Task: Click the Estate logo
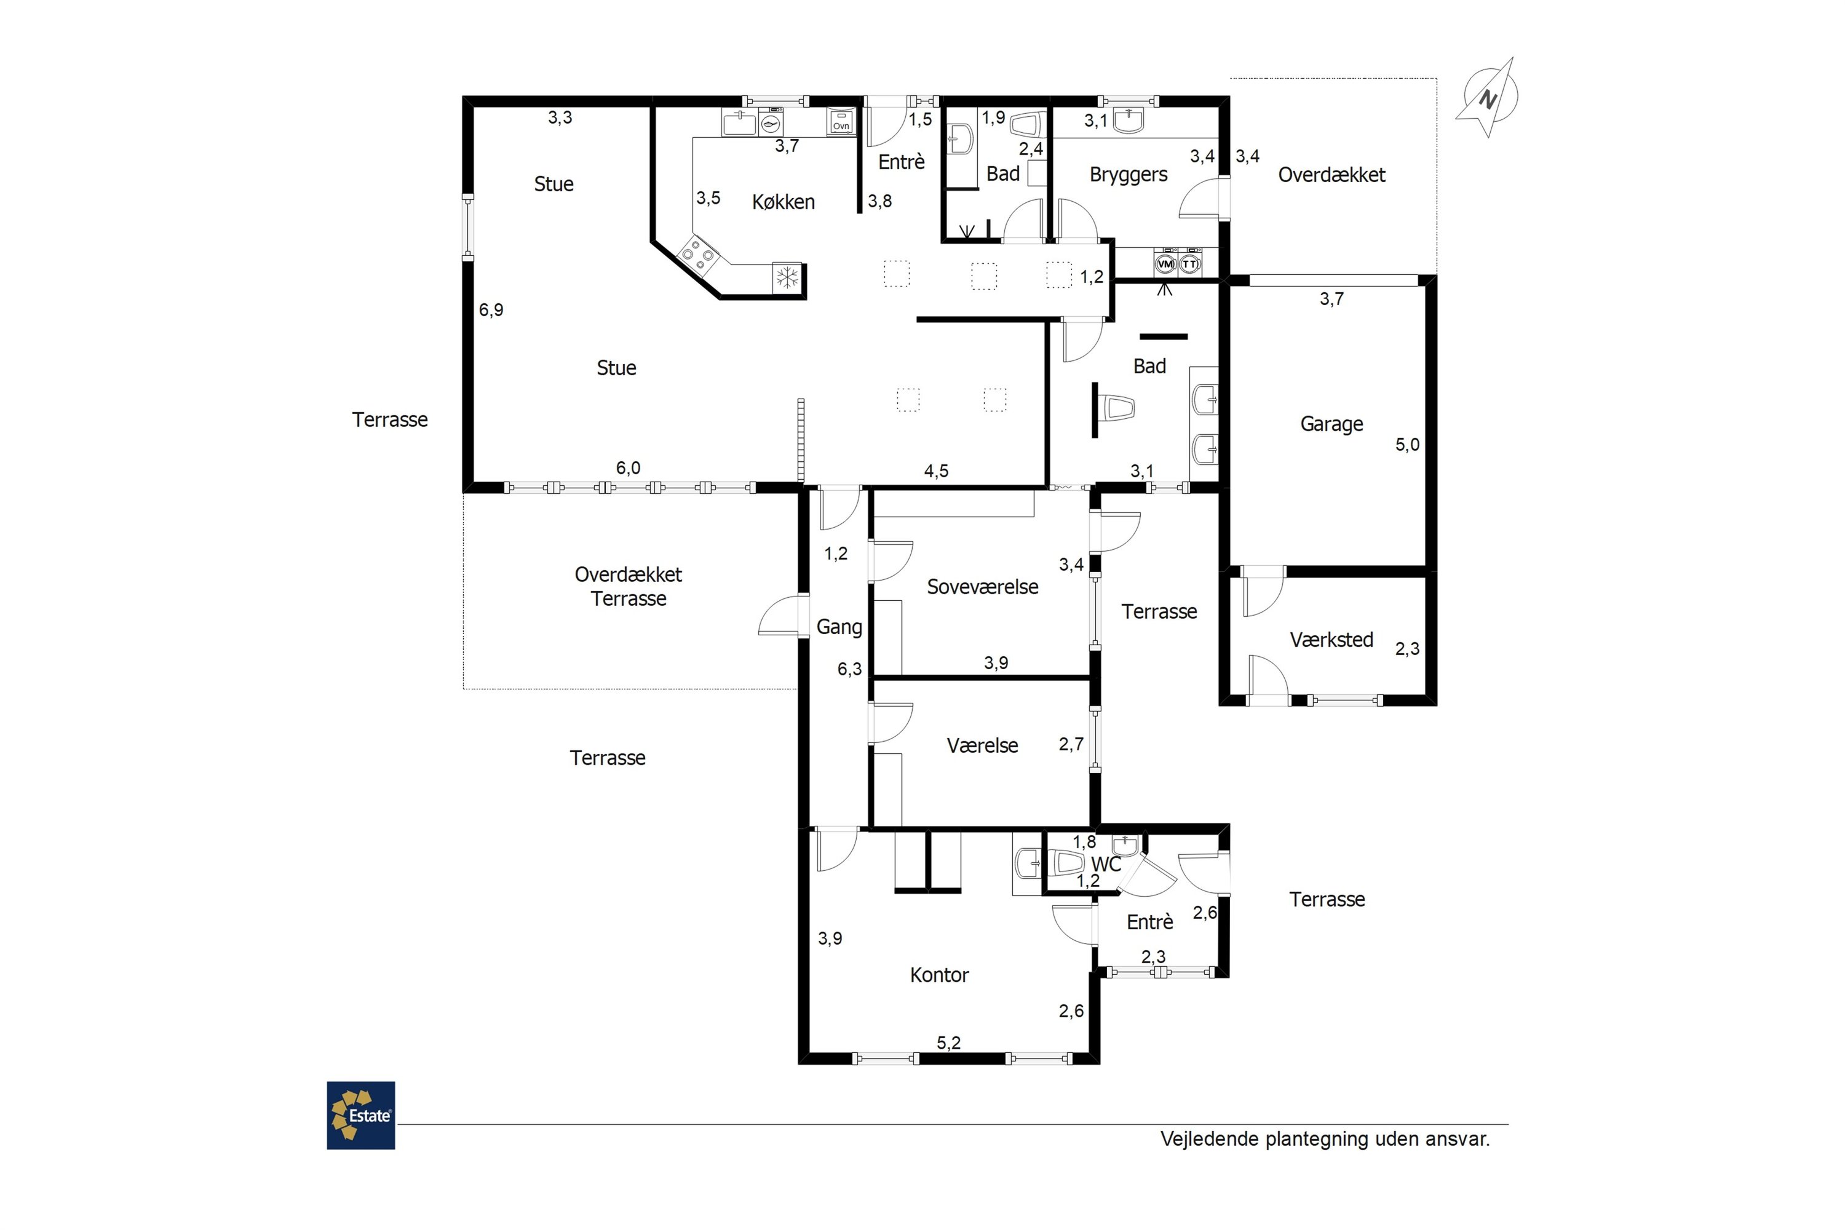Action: [x=361, y=1116]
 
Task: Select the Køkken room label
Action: [x=783, y=202]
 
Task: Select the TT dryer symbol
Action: [x=1190, y=264]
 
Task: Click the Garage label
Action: [x=1331, y=424]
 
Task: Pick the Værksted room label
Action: [x=1331, y=640]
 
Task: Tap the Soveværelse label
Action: [x=982, y=587]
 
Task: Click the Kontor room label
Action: [x=939, y=975]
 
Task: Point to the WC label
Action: [x=1106, y=865]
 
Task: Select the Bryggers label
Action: [x=1128, y=175]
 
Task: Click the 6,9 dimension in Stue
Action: [x=491, y=310]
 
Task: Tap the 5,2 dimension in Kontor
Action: [x=948, y=1042]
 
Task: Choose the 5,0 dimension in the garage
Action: [x=1407, y=445]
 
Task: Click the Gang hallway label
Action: [x=839, y=627]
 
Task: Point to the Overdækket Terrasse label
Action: [x=629, y=587]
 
